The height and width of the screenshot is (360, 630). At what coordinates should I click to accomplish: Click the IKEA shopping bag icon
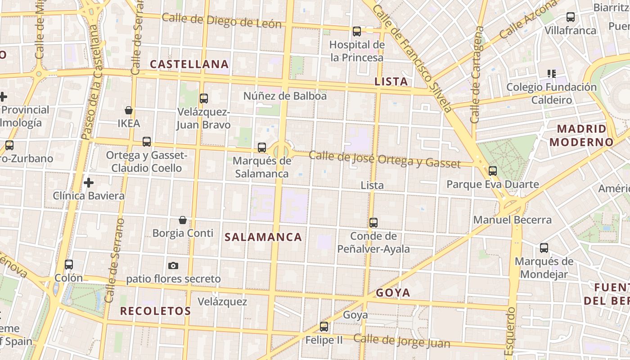pos(129,110)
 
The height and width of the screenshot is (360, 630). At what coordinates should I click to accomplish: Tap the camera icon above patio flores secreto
pos(173,265)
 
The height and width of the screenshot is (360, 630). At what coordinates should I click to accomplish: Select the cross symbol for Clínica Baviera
pos(89,183)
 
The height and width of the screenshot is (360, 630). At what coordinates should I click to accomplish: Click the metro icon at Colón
pos(69,265)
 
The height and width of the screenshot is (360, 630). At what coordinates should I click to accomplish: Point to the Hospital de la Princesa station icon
pos(357,31)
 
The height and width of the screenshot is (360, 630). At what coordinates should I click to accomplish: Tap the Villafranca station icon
pos(571,17)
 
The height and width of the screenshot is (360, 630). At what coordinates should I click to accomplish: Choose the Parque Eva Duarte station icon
pos(493,171)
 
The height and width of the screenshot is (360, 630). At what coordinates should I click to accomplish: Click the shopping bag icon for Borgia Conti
pos(183,220)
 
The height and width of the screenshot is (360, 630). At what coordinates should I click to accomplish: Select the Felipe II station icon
pos(324,327)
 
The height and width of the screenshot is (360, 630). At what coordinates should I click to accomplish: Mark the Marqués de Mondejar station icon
pos(544,248)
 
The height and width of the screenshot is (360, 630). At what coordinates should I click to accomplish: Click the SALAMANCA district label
pos(263,237)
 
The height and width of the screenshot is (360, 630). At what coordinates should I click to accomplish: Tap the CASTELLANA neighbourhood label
pos(189,64)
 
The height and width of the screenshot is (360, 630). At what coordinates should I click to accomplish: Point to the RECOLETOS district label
pos(155,311)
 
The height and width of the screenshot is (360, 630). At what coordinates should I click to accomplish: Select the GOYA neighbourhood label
pos(393,293)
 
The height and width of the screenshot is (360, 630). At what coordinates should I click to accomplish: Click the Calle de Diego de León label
pos(221,21)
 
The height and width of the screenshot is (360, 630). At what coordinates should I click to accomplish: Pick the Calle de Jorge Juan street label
pos(401,341)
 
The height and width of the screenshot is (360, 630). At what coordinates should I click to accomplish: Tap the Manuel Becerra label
pos(513,220)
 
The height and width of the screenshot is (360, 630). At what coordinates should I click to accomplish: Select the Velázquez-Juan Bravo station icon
pos(204,99)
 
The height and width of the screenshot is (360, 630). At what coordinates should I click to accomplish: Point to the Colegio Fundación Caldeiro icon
pos(552,73)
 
